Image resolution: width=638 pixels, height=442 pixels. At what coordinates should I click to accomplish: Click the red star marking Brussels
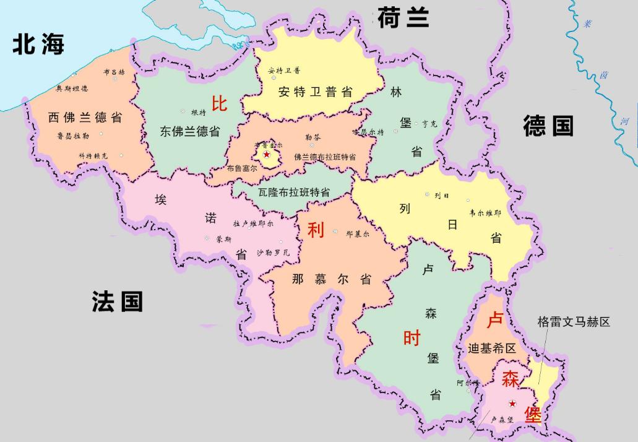tap(267, 154)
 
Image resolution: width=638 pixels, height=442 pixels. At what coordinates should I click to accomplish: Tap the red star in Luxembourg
tap(512, 404)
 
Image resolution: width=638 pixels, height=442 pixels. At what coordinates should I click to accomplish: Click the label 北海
tap(38, 45)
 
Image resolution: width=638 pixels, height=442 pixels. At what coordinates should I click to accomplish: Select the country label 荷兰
tap(403, 18)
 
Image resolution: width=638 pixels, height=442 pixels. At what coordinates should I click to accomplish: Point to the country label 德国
tap(548, 126)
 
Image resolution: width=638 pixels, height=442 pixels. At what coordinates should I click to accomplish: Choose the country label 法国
tap(118, 301)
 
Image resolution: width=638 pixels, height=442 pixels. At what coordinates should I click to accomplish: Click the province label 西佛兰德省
tap(85, 117)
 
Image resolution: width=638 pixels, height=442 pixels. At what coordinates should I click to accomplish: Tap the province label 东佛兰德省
tap(190, 131)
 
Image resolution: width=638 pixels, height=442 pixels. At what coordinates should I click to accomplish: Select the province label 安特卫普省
tap(316, 92)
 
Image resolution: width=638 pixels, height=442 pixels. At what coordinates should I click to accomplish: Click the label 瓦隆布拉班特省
tap(294, 193)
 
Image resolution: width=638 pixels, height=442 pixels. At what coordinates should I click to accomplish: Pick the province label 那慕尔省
tap(332, 279)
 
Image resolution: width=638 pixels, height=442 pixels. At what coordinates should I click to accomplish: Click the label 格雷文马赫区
tap(574, 322)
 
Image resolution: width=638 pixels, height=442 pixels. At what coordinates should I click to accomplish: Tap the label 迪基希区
tap(493, 348)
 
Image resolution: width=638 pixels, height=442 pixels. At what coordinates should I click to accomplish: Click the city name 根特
tap(199, 112)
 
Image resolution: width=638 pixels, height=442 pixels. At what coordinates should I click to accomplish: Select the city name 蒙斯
tap(224, 239)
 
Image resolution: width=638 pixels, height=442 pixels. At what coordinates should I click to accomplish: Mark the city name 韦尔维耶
tap(486, 212)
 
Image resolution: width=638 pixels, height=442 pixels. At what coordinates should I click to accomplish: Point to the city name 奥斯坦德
tap(72, 89)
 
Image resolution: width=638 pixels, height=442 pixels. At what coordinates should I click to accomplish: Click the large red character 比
tap(220, 103)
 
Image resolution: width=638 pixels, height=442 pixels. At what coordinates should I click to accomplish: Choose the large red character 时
tap(412, 338)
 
